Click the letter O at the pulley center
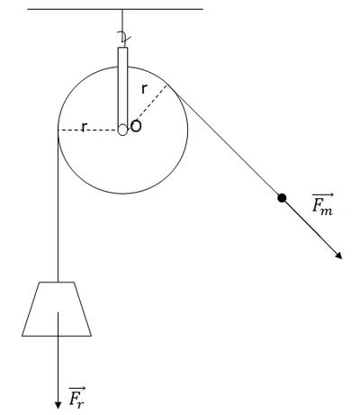pyautogui.click(x=136, y=126)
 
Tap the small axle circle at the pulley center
pyautogui.click(x=122, y=130)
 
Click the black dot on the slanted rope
pyautogui.click(x=282, y=198)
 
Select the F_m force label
pyautogui.click(x=322, y=204)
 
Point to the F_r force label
pyautogui.click(x=76, y=398)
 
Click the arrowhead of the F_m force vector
pyautogui.click(x=339, y=256)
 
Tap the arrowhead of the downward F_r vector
pyautogui.click(x=58, y=405)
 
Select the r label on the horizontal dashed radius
pyautogui.click(x=84, y=127)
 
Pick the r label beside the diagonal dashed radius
pyautogui.click(x=144, y=88)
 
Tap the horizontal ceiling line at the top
pyautogui.click(x=115, y=9)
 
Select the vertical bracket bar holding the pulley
pyautogui.click(x=122, y=88)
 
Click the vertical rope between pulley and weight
pyautogui.click(x=58, y=206)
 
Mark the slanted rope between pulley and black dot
pyautogui.click(x=224, y=141)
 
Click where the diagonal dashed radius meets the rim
pyautogui.click(x=167, y=85)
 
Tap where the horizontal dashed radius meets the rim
pyautogui.click(x=58, y=131)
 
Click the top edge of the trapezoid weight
pyautogui.click(x=57, y=282)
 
